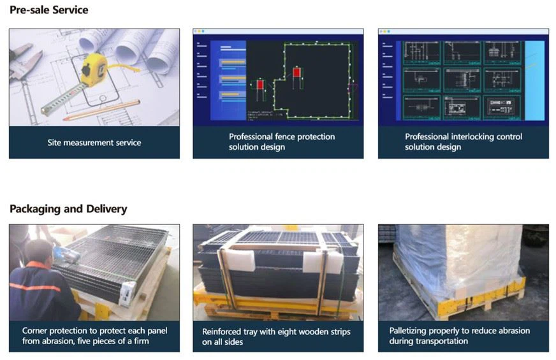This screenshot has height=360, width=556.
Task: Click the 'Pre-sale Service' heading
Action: coord(49,10)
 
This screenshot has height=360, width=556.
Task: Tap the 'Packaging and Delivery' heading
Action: coord(68,209)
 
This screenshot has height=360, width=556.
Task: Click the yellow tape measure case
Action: coord(94,70)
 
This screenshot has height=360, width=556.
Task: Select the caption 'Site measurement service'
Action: coord(94,143)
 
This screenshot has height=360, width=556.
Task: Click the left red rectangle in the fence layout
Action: coord(260,85)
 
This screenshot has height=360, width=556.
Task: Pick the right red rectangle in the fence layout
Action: coord(296,72)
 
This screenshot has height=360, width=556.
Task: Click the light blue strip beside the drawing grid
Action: coord(534,80)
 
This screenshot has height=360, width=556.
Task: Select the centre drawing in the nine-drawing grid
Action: coord(462,80)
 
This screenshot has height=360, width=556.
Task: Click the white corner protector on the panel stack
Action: coord(128,292)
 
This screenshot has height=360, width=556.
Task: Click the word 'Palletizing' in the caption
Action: coord(408,331)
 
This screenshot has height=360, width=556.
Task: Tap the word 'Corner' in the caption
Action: coord(34,331)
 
